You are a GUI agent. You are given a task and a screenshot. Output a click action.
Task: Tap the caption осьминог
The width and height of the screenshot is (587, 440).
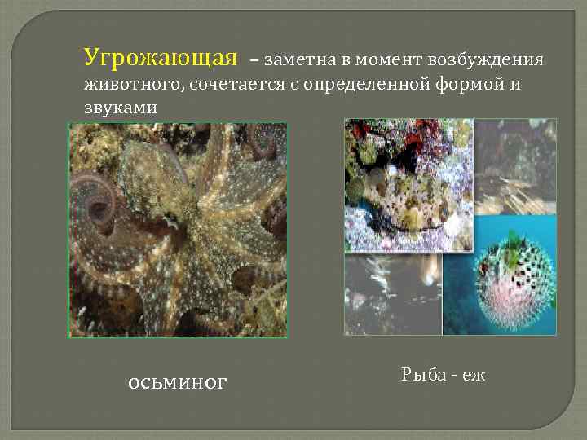tap(178, 382)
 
